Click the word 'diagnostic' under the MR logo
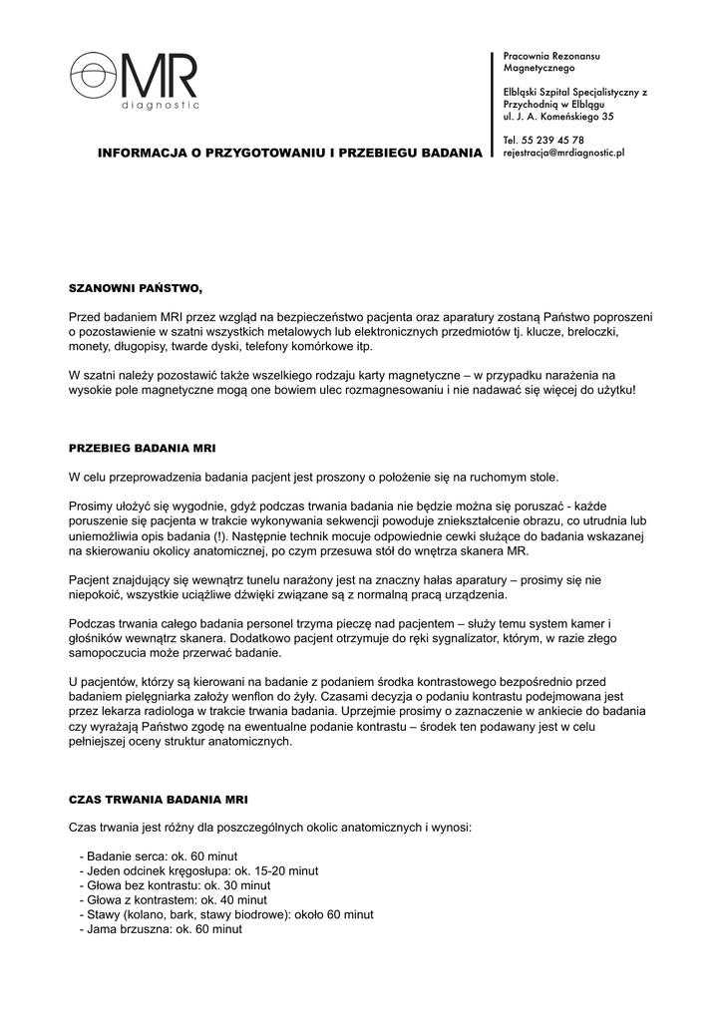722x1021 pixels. pyautogui.click(x=160, y=104)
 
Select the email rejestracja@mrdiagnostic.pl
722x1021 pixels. pyautogui.click(x=563, y=154)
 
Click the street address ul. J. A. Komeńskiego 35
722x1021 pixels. pyautogui.click(x=558, y=117)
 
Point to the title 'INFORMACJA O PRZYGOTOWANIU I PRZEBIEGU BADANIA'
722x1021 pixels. pyautogui.click(x=289, y=155)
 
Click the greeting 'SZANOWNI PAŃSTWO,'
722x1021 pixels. pyautogui.click(x=135, y=288)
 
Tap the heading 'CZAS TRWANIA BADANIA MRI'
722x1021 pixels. pyautogui.click(x=159, y=800)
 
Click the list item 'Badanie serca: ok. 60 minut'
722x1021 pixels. pyautogui.click(x=162, y=856)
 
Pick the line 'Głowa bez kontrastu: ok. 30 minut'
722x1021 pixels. pyautogui.click(x=179, y=885)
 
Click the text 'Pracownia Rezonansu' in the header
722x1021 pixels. pyautogui.click(x=551, y=56)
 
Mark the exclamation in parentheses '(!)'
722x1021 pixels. pyautogui.click(x=223, y=536)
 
